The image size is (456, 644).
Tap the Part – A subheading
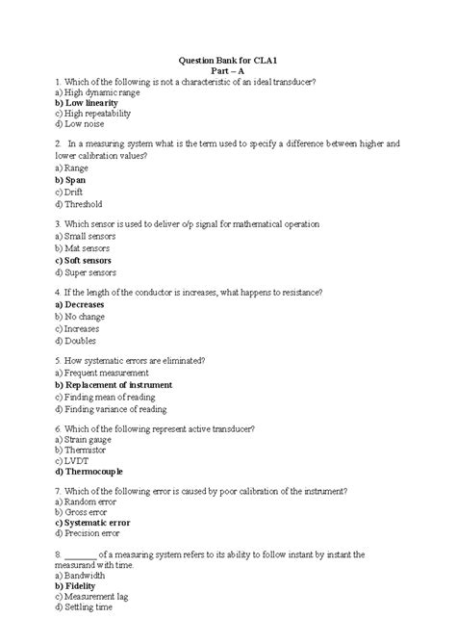(229, 70)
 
